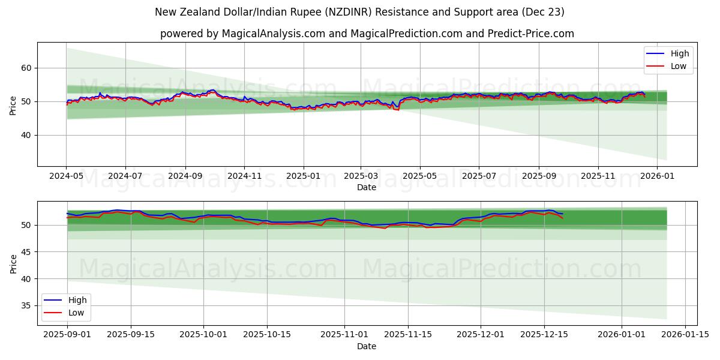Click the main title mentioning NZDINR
[x=359, y=12]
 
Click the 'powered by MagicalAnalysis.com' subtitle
[x=367, y=34]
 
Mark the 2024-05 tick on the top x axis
[x=66, y=176]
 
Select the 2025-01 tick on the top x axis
[x=303, y=176]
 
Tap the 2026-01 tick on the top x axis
[x=657, y=176]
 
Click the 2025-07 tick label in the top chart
[x=479, y=176]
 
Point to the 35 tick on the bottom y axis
[x=27, y=305]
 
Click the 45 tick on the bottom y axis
[x=27, y=252]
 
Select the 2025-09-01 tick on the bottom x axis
[x=67, y=334]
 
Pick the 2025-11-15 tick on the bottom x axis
[x=408, y=334]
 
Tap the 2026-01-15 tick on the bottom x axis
[x=686, y=334]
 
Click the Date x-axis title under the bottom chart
[x=367, y=346]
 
